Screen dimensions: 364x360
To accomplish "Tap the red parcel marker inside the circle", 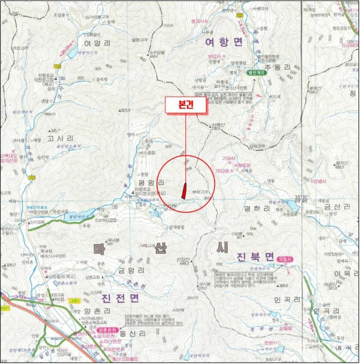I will click(184, 191).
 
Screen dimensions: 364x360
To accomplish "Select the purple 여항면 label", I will click(224, 42).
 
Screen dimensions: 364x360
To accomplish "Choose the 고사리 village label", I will click(60, 138).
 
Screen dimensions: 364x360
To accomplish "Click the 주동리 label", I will click(265, 68).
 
